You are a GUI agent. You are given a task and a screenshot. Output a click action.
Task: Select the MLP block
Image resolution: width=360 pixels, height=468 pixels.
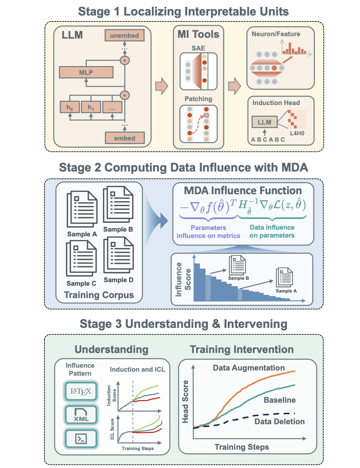pos(86,72)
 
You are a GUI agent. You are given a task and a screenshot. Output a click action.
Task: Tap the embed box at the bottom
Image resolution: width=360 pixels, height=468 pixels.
pos(124,138)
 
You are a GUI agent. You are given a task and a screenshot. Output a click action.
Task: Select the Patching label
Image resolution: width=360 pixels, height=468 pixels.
pos(198,98)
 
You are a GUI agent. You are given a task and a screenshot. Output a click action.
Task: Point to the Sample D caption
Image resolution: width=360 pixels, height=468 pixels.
pos(118,280)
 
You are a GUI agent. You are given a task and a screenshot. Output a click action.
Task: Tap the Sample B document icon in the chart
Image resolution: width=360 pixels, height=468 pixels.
pos(238,264)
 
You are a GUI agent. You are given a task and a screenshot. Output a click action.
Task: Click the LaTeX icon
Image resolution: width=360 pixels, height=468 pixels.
pos(81,391)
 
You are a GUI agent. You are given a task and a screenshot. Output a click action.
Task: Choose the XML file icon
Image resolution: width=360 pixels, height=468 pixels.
pos(81,415)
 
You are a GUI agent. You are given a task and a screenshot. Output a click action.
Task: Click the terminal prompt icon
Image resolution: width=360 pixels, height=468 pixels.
pos(81,439)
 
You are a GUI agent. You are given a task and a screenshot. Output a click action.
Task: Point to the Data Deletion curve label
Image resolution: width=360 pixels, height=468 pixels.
pos(279,421)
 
